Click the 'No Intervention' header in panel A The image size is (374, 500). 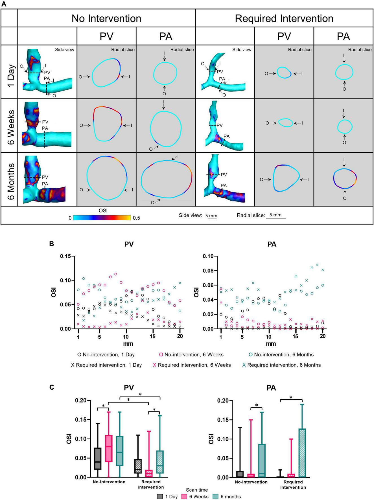pyautogui.click(x=106, y=19)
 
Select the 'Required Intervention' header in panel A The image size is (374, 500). pyautogui.click(x=284, y=19)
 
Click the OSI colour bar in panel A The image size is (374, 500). pyautogui.click(x=102, y=218)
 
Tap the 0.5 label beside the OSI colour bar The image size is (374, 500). pyautogui.click(x=136, y=218)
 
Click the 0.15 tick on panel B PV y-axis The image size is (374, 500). pyautogui.click(x=65, y=256)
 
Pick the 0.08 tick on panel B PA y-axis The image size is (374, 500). pyautogui.click(x=209, y=271)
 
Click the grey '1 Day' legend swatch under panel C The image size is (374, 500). pyautogui.click(x=160, y=496)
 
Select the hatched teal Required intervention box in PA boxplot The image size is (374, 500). pyautogui.click(x=302, y=453)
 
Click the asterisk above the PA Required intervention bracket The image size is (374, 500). pyautogui.click(x=291, y=398)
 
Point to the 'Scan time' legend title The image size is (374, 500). pyautogui.click(x=197, y=490)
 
